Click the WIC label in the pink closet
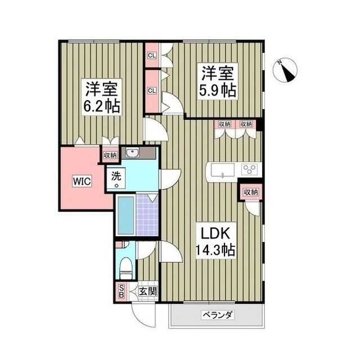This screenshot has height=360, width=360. pyautogui.click(x=80, y=182)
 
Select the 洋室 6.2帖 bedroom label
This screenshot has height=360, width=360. pyautogui.click(x=102, y=97)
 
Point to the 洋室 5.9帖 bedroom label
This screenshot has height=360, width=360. pyautogui.click(x=217, y=81)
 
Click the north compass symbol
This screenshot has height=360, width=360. pyautogui.click(x=287, y=71)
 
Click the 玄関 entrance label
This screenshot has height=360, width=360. pyautogui.click(x=148, y=292)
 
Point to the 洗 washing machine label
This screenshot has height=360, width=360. pyautogui.click(x=116, y=175)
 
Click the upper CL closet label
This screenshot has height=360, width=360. pyautogui.click(x=151, y=56)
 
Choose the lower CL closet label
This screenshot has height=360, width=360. pyautogui.click(x=151, y=90)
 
